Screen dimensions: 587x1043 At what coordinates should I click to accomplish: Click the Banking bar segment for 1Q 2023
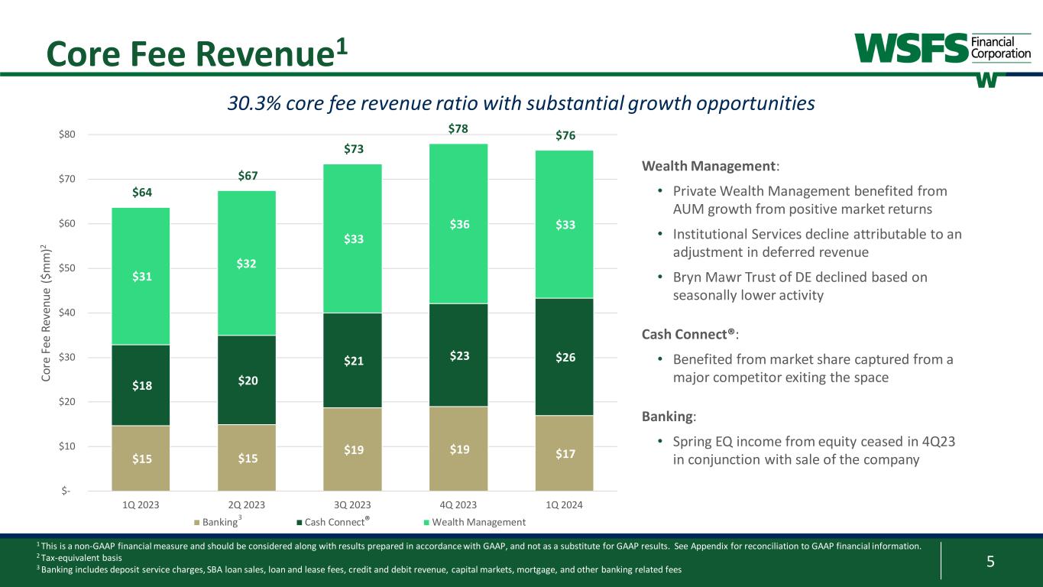click(141, 458)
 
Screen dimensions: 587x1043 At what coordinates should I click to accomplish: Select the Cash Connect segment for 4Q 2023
click(458, 355)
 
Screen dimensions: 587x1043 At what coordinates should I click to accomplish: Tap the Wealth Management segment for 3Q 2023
click(352, 238)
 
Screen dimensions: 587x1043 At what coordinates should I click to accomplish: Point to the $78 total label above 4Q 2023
click(458, 131)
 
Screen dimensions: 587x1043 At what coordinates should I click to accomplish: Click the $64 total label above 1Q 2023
click(141, 192)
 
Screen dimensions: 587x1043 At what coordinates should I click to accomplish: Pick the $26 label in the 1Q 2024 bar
click(564, 356)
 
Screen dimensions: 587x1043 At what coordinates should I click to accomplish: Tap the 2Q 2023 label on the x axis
click(247, 505)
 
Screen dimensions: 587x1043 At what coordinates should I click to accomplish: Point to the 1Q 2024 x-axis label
click(564, 505)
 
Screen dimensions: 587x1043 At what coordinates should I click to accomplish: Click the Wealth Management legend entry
click(473, 522)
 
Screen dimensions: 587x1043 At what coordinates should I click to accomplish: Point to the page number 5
click(990, 563)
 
